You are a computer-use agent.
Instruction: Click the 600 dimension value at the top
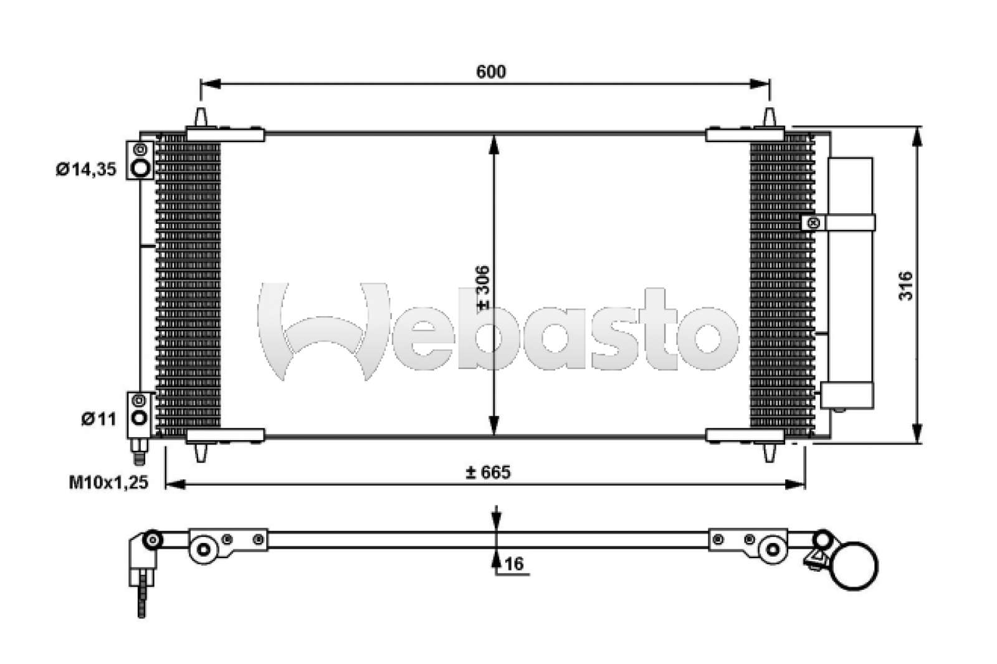[490, 72]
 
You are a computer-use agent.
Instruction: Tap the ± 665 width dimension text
[488, 472]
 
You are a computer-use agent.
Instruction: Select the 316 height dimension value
[905, 286]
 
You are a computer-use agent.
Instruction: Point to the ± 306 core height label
[482, 287]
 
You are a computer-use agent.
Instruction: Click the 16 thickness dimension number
[514, 564]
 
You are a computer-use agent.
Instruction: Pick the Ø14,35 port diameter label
[86, 169]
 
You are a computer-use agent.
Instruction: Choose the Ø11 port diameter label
[98, 419]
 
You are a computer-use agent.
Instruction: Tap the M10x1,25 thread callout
[108, 483]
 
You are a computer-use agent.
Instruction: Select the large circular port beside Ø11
[140, 418]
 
